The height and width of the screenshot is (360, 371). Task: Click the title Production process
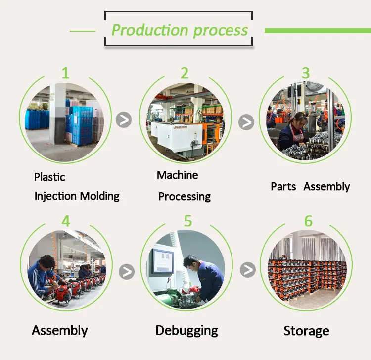180,30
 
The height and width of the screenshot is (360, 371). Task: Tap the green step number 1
65,73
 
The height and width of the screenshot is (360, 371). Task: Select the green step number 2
185,73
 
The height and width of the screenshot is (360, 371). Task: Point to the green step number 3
306,73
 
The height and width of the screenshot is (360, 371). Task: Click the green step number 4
66,221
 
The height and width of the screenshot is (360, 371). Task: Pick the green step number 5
188,221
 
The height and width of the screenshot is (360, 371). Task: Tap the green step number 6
308,221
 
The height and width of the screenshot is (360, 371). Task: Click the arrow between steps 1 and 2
124,120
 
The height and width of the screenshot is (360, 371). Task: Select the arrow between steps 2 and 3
246,122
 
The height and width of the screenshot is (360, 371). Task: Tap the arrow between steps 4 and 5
127,271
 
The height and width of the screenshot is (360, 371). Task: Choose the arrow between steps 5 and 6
248,270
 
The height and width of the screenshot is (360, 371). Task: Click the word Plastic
49,177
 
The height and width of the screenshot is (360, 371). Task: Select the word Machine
177,175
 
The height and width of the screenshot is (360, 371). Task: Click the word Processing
185,197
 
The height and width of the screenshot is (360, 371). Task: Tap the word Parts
283,187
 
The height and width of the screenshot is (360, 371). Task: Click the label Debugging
186,330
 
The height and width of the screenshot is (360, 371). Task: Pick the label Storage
306,331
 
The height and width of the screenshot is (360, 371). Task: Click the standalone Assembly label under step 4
60,330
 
